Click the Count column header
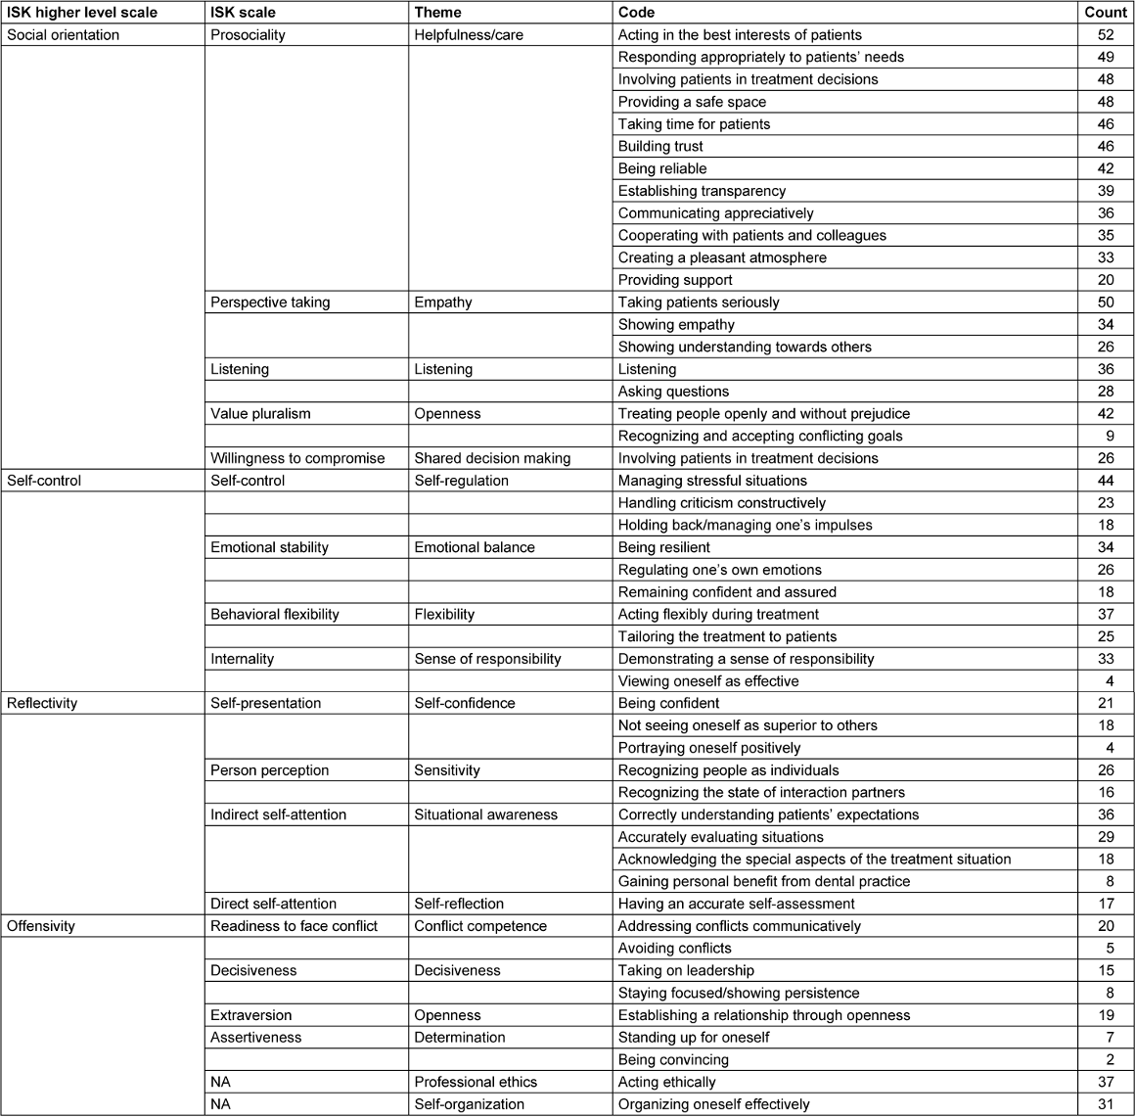click(1106, 13)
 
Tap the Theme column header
click(438, 13)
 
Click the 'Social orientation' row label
click(64, 35)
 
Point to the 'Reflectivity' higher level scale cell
click(42, 704)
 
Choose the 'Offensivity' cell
click(41, 926)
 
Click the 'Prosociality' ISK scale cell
click(249, 35)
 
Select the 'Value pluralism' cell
click(260, 414)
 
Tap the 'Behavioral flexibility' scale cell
click(275, 615)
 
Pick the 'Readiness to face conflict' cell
click(294, 926)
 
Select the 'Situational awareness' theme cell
click(485, 815)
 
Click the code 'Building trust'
click(660, 147)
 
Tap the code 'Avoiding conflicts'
click(674, 949)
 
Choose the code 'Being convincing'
click(673, 1060)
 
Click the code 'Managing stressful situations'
click(712, 482)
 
